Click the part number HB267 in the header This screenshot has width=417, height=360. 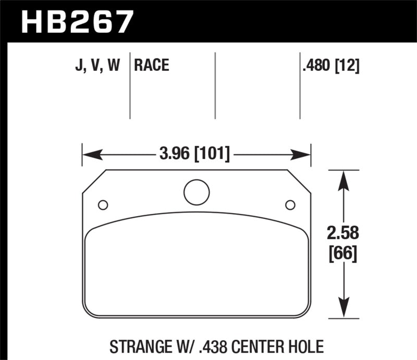click(x=77, y=22)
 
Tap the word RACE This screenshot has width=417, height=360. click(x=152, y=66)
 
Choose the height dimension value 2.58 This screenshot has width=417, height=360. click(x=342, y=233)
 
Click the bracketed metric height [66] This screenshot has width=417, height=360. click(x=342, y=255)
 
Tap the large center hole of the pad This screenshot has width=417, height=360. click(x=197, y=192)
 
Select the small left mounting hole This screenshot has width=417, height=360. click(x=103, y=204)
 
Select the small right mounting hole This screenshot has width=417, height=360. click(x=290, y=204)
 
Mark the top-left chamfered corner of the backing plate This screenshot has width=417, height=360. click(x=94, y=181)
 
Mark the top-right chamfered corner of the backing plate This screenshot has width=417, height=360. click(x=299, y=181)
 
